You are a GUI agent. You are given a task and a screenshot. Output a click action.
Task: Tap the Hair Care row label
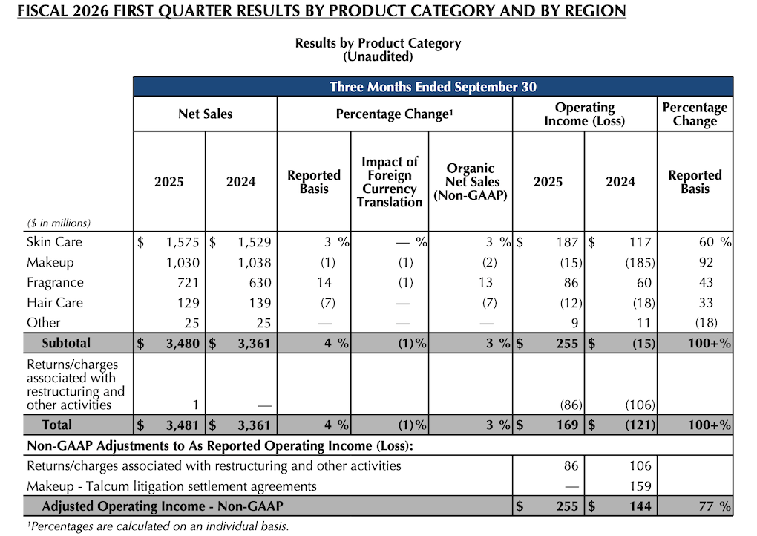tap(54, 303)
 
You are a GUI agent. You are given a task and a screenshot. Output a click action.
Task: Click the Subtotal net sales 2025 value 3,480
tap(179, 343)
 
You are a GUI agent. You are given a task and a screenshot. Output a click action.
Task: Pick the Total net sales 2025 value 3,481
tap(179, 425)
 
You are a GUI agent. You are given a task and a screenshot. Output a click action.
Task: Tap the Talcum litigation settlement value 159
tap(639, 486)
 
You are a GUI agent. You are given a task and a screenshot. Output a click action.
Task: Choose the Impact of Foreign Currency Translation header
tap(390, 182)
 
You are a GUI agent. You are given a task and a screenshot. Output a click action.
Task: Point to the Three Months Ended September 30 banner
tap(433, 87)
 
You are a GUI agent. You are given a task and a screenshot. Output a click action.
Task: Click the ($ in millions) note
tap(59, 223)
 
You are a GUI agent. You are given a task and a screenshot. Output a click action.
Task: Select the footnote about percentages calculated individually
tap(157, 526)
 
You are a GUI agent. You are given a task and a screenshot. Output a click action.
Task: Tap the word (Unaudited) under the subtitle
tap(378, 56)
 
